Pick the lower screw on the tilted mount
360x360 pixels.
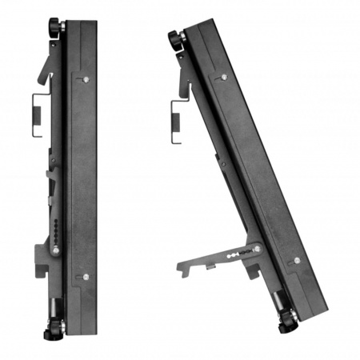[297, 260]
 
